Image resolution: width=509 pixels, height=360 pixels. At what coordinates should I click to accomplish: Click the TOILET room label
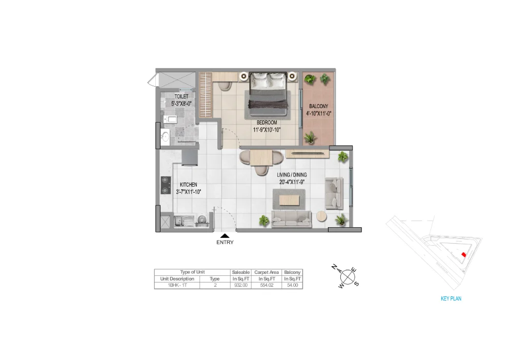click(x=181, y=96)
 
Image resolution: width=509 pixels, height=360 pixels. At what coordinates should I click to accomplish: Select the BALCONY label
click(x=318, y=107)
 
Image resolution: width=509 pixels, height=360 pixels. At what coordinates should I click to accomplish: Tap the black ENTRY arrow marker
click(x=225, y=235)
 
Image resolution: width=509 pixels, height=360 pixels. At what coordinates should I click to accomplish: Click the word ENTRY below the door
click(x=225, y=243)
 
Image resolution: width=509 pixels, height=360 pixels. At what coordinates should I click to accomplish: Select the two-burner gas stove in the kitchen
click(x=166, y=185)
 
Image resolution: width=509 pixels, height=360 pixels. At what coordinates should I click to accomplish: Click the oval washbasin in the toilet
click(x=165, y=136)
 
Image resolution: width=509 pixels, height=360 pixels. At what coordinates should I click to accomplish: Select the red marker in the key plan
click(x=463, y=254)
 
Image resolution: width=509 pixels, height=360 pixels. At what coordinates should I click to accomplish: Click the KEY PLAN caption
click(x=451, y=298)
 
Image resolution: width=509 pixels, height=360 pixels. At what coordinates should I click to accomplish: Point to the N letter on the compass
click(x=334, y=267)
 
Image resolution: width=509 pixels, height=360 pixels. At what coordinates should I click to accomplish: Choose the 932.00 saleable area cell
click(x=241, y=285)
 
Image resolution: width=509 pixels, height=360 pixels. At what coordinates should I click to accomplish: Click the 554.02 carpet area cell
click(x=265, y=285)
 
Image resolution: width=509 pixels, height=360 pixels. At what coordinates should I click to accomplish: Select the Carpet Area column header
click(x=265, y=272)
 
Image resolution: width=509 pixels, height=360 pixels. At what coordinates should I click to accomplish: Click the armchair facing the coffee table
click(x=335, y=194)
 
